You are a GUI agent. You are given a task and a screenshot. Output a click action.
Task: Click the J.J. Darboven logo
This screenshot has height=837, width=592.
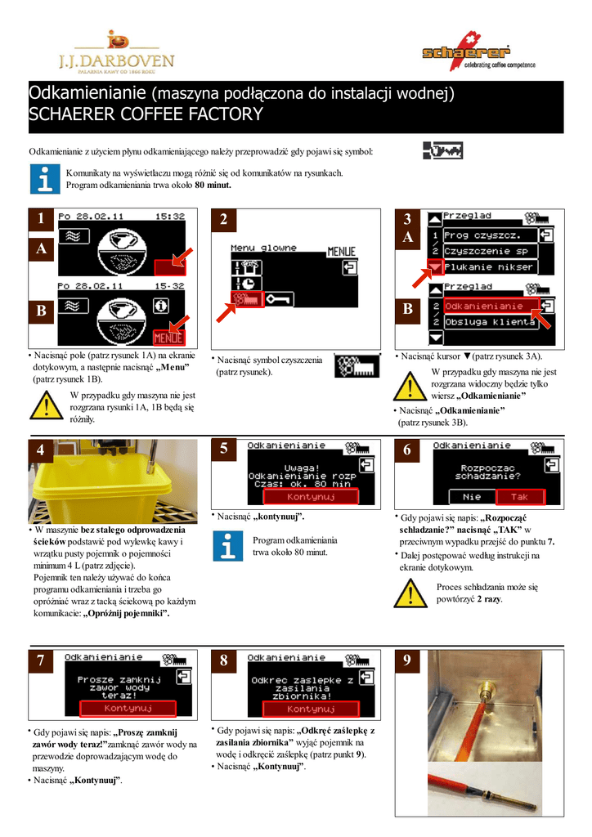coord(116,52)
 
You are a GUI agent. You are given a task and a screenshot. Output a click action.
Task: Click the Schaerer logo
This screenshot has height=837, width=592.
coord(478,51)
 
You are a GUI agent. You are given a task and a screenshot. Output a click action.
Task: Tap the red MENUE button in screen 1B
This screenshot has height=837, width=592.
coord(168,338)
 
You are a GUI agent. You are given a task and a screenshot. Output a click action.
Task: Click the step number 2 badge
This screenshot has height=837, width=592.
coord(224,219)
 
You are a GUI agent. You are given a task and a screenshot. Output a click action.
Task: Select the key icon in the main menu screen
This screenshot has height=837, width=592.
coord(278,299)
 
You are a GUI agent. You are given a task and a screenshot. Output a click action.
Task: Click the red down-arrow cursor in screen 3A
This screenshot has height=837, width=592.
coord(436,266)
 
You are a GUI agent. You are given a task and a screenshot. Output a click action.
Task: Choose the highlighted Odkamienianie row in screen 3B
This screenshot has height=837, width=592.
coord(483,306)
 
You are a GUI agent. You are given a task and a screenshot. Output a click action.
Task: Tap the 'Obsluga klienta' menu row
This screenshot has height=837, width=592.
coord(489,322)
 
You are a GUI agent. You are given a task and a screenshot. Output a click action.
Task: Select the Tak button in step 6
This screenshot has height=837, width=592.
coord(520,497)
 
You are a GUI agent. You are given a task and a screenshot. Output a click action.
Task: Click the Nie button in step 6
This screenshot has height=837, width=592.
coord(472,497)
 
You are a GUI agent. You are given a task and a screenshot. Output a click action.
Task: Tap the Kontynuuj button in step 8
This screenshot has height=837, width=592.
coord(311,709)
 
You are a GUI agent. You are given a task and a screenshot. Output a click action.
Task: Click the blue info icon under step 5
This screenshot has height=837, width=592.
coord(228,546)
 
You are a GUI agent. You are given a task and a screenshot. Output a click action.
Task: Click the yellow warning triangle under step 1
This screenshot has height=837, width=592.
coord(47,405)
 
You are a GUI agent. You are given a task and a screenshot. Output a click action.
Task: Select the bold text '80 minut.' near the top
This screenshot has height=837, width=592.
coord(213,186)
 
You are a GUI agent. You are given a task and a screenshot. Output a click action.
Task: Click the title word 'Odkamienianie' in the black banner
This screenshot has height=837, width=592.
coord(87,93)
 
